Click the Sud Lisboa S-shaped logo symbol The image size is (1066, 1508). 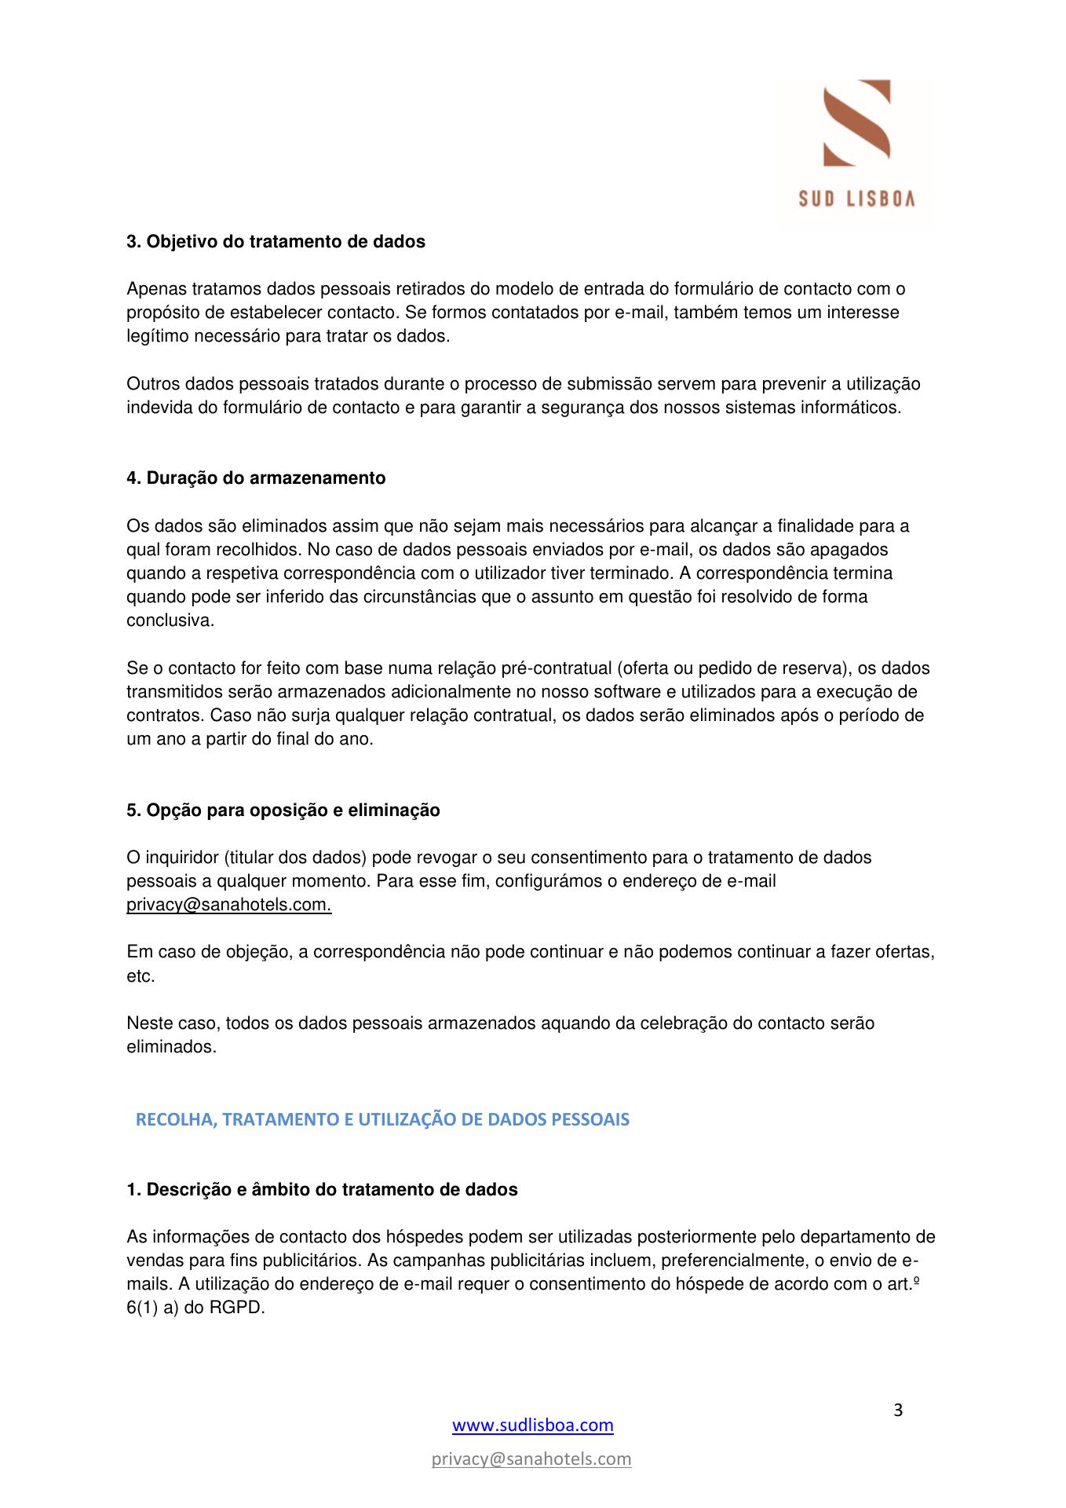[856, 123]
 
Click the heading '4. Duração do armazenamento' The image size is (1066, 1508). [256, 478]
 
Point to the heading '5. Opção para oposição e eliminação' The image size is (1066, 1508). [283, 811]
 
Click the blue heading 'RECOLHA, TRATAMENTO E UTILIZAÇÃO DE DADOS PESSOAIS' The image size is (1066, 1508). [382, 1120]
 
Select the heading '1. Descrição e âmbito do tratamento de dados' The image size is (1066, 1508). [322, 1190]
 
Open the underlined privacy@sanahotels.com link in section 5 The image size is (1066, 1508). [228, 905]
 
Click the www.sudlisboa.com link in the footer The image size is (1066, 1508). [533, 1425]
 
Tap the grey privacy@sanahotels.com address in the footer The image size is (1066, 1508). [531, 1459]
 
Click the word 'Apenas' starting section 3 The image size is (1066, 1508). [153, 289]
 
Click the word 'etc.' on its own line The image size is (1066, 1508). [141, 977]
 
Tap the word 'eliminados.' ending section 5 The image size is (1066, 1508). [171, 1048]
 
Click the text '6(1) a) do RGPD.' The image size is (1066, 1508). [195, 1309]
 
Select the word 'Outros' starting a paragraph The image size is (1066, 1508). [152, 384]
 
